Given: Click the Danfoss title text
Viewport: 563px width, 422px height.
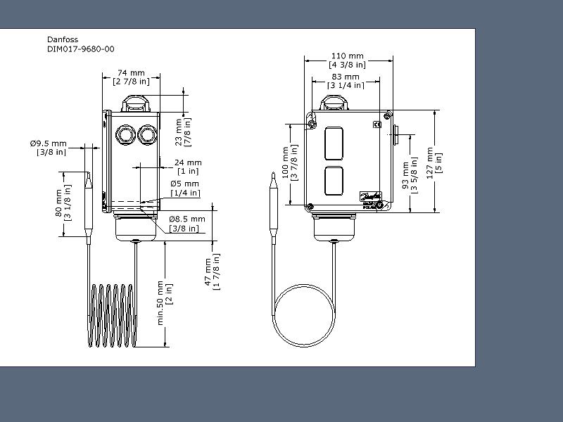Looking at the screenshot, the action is (63, 39).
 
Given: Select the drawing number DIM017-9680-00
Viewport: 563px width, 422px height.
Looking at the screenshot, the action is (81, 49).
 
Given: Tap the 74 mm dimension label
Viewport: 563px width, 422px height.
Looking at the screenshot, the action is (131, 73).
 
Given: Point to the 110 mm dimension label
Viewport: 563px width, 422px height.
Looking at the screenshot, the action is (347, 56).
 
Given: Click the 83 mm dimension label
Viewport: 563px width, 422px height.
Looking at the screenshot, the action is (346, 77).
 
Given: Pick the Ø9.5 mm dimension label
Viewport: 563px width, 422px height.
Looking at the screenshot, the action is (49, 143).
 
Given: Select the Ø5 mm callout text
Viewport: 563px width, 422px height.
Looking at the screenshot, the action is (184, 184).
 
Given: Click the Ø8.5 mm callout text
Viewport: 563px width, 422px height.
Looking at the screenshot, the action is (187, 219).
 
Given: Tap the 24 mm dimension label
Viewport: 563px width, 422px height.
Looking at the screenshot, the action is (188, 162).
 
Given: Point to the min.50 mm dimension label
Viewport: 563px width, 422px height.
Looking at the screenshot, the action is (160, 303).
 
